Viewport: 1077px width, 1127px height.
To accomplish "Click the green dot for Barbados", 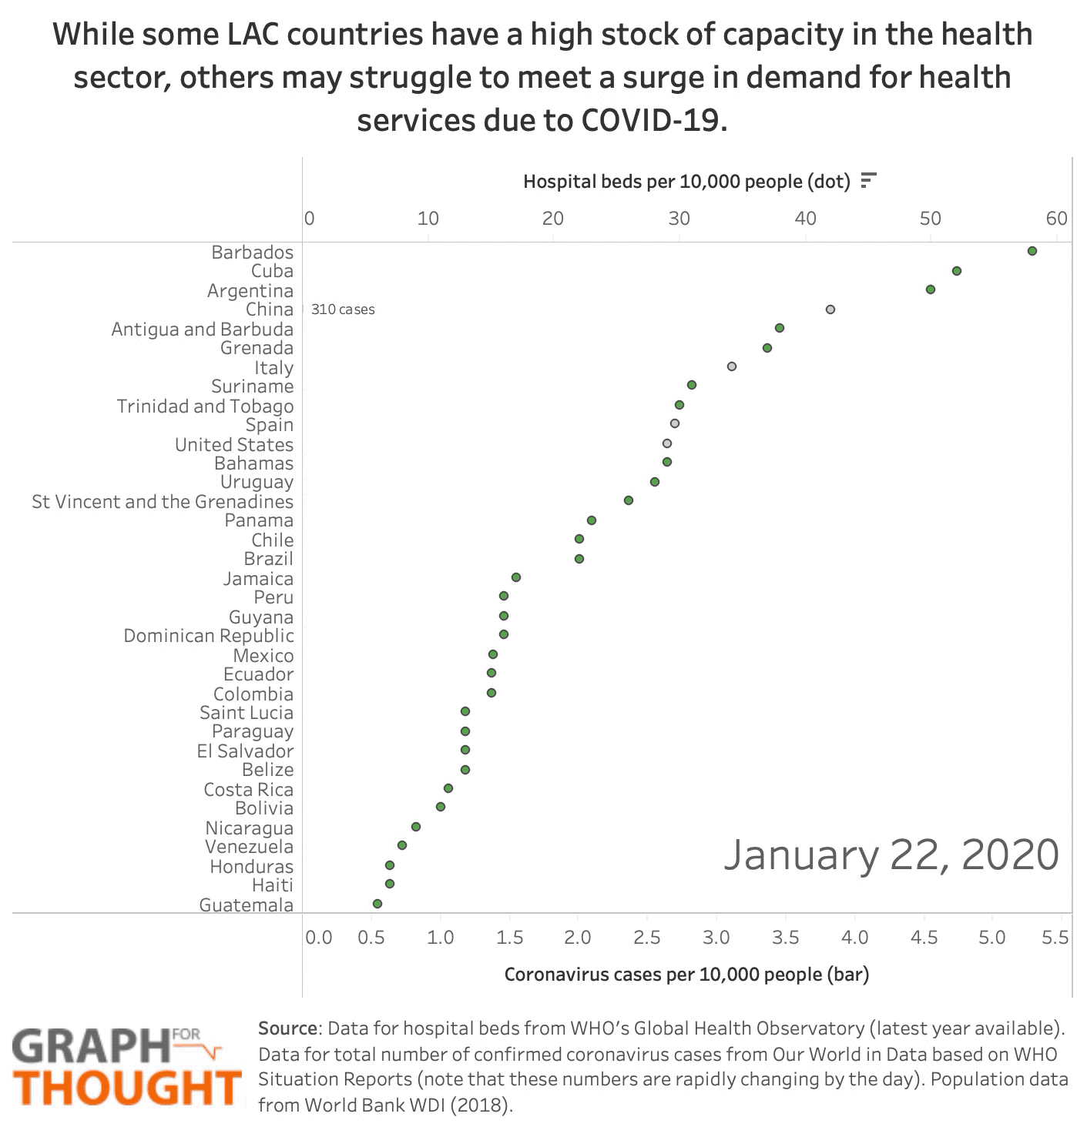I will point(1032,251).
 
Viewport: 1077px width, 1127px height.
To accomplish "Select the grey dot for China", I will point(830,309).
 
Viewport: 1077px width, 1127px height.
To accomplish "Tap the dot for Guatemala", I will point(377,904).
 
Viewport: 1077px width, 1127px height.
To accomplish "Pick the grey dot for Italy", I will point(732,366).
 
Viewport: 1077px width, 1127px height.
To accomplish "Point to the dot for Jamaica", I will point(516,577).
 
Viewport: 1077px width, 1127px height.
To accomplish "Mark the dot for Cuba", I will point(957,271).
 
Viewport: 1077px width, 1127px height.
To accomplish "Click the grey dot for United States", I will point(667,443).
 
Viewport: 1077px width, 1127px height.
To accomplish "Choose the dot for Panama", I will point(592,520).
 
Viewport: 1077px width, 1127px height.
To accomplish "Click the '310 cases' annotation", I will point(343,309).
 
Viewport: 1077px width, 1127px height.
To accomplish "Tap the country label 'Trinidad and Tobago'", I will point(205,406).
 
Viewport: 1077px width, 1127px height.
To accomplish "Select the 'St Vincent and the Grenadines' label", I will point(163,502).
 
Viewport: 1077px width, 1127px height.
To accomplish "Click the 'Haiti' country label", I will point(273,885).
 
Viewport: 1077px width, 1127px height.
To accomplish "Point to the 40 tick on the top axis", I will point(805,219).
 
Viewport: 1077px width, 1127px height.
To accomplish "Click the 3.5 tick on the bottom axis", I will point(786,938).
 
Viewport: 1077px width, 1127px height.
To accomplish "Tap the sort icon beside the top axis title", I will point(868,181).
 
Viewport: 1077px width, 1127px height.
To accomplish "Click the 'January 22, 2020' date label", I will point(891,854).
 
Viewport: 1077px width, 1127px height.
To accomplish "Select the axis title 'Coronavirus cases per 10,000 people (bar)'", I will point(686,975).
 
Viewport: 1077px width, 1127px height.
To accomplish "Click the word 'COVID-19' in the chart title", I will point(653,120).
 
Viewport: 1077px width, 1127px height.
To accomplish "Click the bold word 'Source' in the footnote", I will point(287,1028).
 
